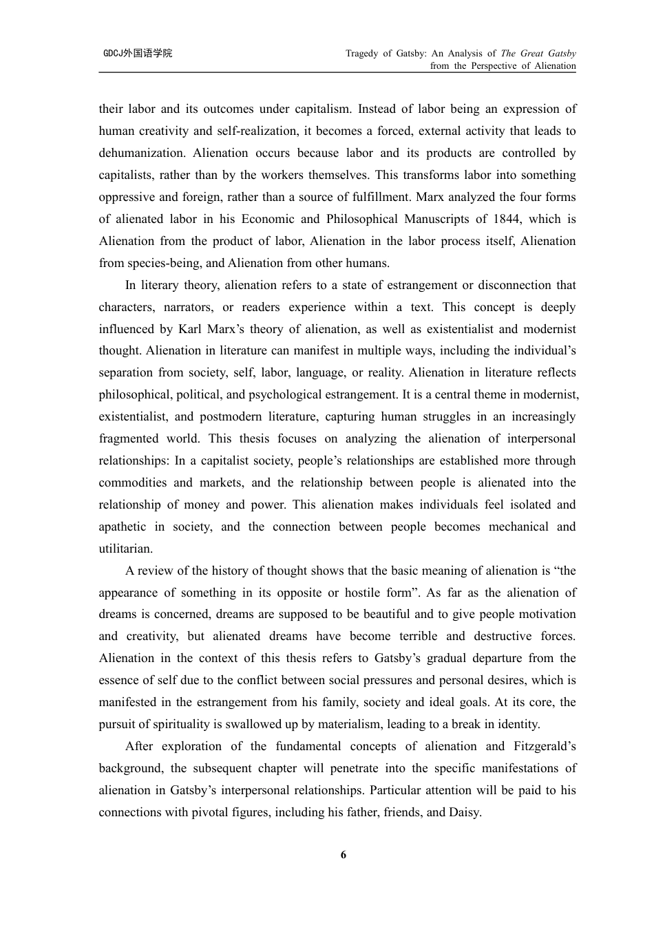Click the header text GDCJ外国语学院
click(138, 53)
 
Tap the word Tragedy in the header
click(362, 53)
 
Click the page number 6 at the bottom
click(344, 855)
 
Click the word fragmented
click(129, 438)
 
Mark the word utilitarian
click(125, 549)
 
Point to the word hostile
click(363, 593)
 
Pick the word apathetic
click(123, 527)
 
